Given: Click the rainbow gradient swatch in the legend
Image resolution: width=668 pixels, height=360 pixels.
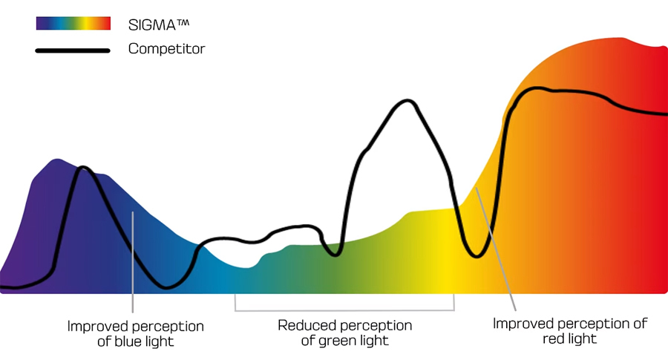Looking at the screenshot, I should tap(73, 24).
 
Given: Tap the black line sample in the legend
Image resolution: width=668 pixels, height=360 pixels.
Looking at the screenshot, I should tap(73, 50).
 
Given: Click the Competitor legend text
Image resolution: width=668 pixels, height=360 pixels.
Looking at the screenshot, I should tap(166, 50).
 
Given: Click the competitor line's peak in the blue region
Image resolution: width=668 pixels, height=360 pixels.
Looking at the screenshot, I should tap(83, 168).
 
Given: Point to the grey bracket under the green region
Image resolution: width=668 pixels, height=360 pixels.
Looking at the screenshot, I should tap(344, 310).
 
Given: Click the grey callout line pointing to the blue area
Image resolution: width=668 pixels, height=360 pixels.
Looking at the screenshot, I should tap(133, 260).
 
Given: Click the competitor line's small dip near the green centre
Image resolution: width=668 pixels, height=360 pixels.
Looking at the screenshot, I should tap(335, 255).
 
